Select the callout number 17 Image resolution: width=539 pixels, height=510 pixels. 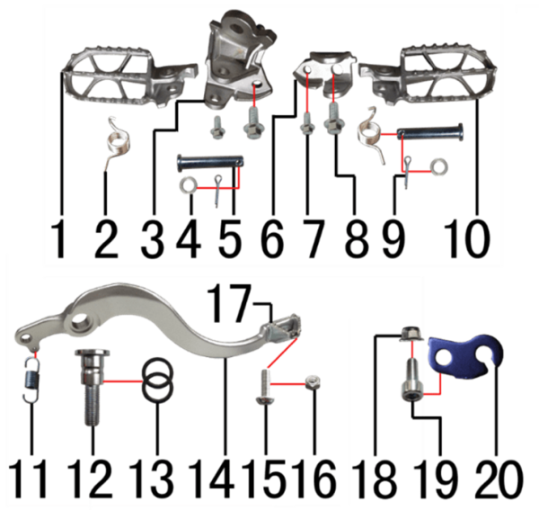(229, 303)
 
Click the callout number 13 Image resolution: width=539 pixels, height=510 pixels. (151, 479)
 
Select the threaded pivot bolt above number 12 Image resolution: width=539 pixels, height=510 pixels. (92, 387)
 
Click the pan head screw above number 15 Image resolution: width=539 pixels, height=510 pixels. (265, 386)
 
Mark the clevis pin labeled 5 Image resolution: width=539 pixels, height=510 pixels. (211, 163)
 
